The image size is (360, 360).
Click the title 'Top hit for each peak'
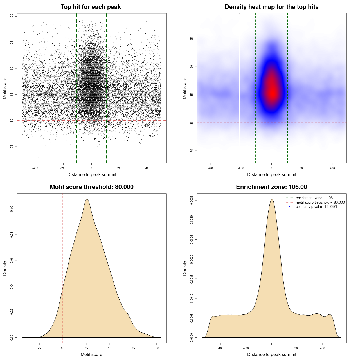(x=91, y=7)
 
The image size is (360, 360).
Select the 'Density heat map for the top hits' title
(x=271, y=7)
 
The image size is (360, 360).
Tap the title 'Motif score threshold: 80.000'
(x=91, y=187)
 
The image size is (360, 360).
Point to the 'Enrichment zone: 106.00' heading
(x=271, y=187)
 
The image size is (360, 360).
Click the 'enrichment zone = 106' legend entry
(x=314, y=198)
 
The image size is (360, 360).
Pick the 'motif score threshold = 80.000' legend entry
(x=320, y=202)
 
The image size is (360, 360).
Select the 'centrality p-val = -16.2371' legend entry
(x=316, y=207)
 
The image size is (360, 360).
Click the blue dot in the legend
(x=289, y=207)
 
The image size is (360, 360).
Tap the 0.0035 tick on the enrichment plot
(x=192, y=200)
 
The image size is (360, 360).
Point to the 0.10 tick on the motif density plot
(x=12, y=209)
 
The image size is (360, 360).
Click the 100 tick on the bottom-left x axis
(x=157, y=348)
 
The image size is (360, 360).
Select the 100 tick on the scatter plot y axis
(x=12, y=16)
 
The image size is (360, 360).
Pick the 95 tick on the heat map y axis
(x=192, y=39)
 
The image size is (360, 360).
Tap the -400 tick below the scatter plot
(x=35, y=168)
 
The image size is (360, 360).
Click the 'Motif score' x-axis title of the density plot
(x=91, y=354)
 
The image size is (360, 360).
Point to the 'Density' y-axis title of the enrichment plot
(x=184, y=268)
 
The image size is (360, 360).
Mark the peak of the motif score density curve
(x=87, y=199)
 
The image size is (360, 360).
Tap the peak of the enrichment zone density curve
(x=272, y=199)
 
